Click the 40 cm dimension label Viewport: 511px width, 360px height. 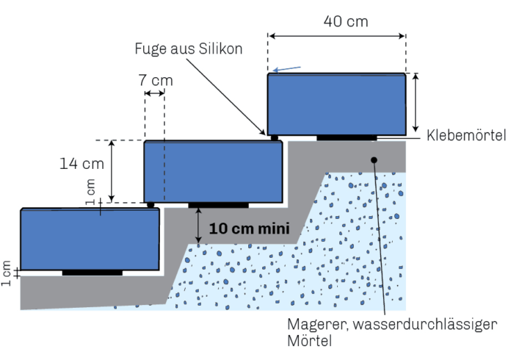345,21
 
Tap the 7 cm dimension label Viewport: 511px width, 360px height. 155,79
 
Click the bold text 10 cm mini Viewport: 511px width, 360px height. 247,228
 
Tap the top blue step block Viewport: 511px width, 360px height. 336,104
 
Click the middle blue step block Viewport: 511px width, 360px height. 213,171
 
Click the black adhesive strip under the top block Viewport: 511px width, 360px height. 347,137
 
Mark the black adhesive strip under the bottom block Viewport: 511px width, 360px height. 93,273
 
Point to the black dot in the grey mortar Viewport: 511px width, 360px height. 374,159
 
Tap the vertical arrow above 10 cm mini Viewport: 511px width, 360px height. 199,225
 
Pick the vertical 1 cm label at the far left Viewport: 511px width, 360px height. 7,273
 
